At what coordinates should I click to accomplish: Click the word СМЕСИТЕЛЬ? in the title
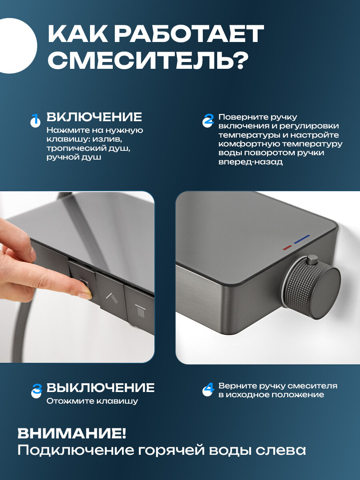(x=148, y=59)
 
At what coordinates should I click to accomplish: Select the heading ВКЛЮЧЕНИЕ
(x=94, y=117)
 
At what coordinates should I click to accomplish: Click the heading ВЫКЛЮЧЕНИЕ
(x=100, y=388)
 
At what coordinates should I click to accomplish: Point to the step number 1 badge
(x=36, y=120)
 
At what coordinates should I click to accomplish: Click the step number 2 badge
(x=208, y=120)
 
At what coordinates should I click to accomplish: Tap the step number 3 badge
(x=36, y=391)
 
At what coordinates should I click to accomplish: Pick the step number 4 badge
(x=208, y=390)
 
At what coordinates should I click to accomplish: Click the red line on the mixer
(x=287, y=248)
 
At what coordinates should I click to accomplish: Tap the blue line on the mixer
(x=302, y=239)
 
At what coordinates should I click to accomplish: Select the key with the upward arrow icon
(x=111, y=292)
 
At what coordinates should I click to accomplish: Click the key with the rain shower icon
(x=139, y=306)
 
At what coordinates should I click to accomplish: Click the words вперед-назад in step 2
(x=250, y=162)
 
